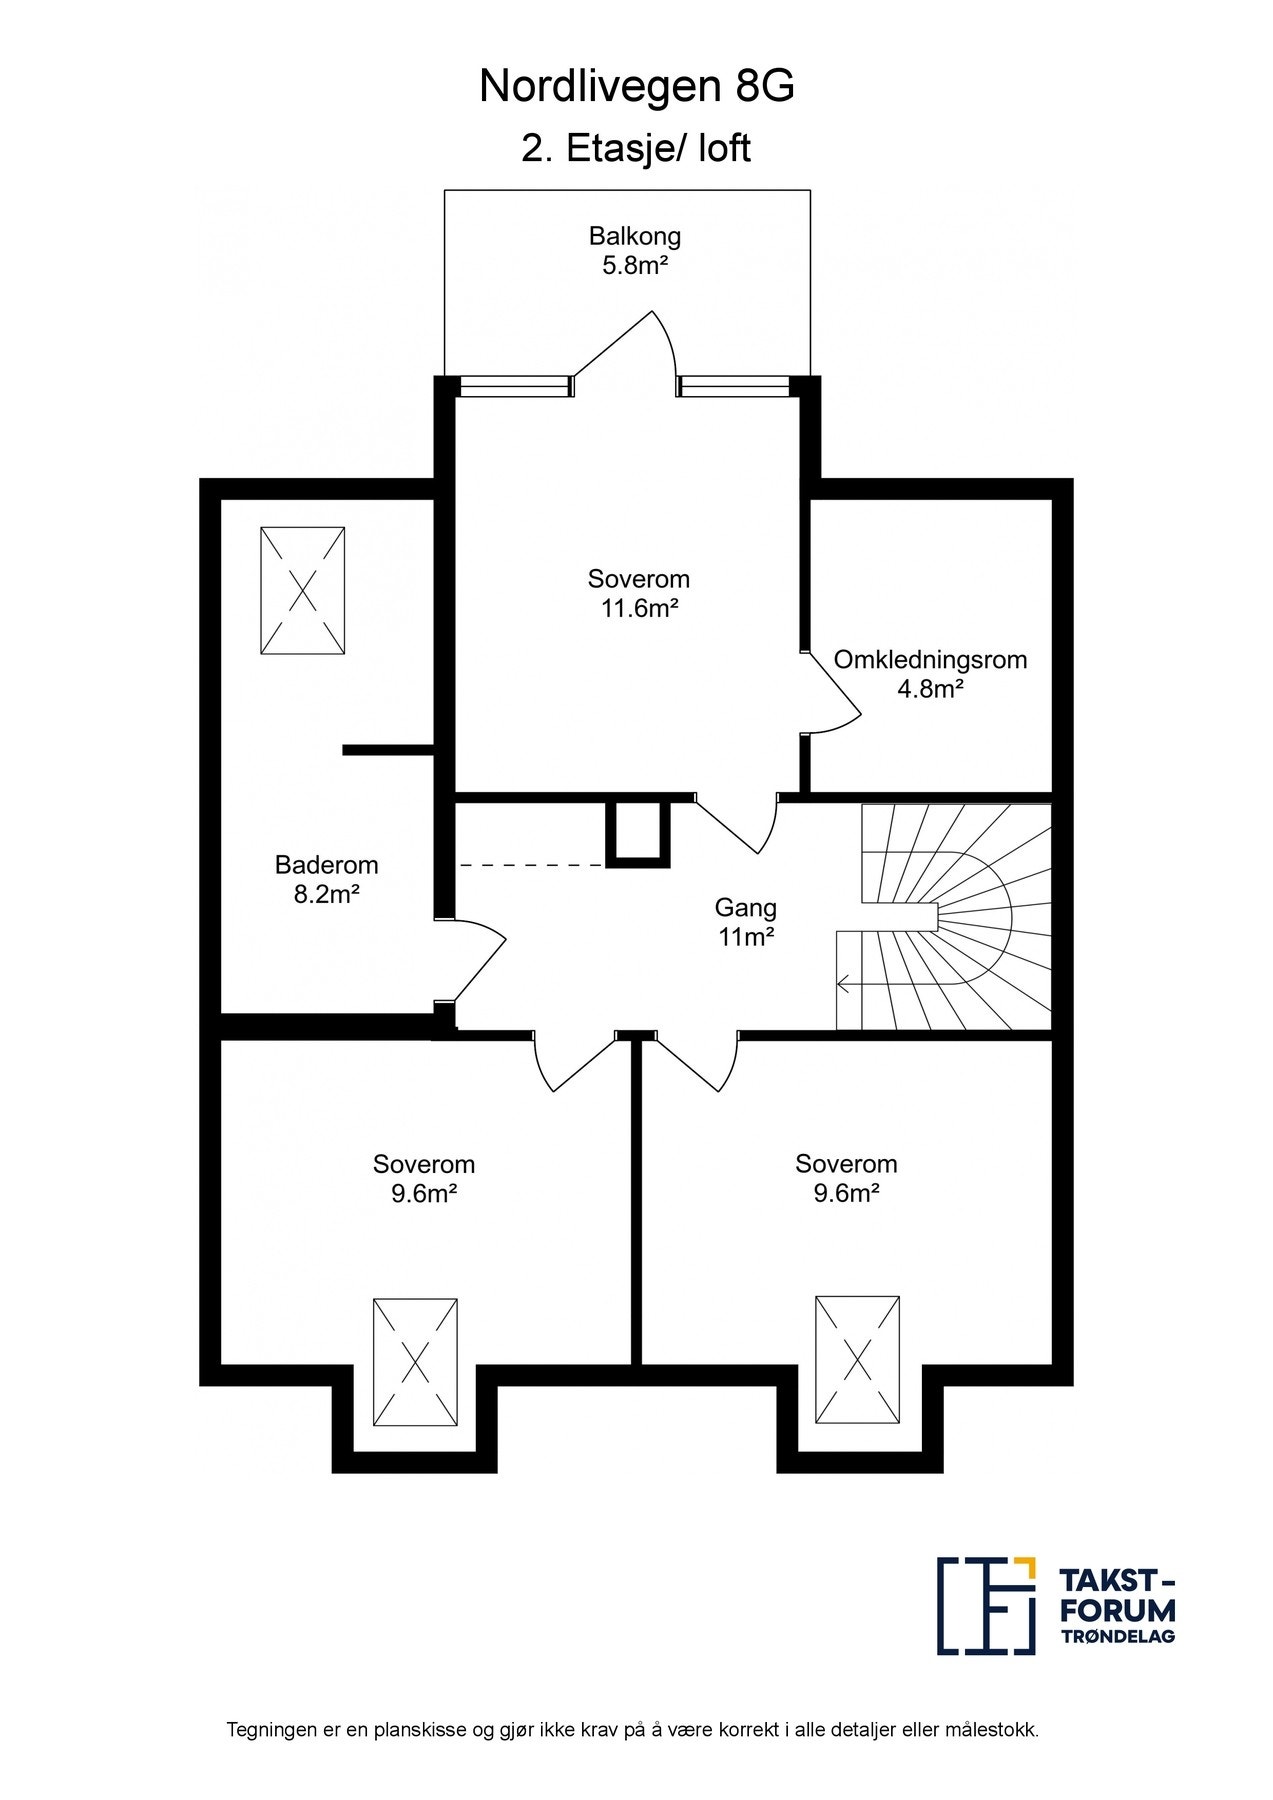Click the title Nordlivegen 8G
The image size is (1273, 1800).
[637, 88]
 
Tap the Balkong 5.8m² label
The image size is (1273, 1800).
[635, 251]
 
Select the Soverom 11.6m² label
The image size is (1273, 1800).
[639, 593]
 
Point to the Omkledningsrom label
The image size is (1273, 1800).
[931, 660]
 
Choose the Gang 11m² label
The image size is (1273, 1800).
[746, 922]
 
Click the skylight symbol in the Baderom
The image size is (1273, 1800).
[303, 591]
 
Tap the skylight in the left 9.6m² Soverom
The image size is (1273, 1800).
[415, 1362]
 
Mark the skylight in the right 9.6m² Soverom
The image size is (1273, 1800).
[857, 1360]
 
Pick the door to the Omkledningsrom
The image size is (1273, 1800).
[832, 692]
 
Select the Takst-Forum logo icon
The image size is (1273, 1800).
[986, 1605]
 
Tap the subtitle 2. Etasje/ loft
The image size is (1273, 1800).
[636, 149]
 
